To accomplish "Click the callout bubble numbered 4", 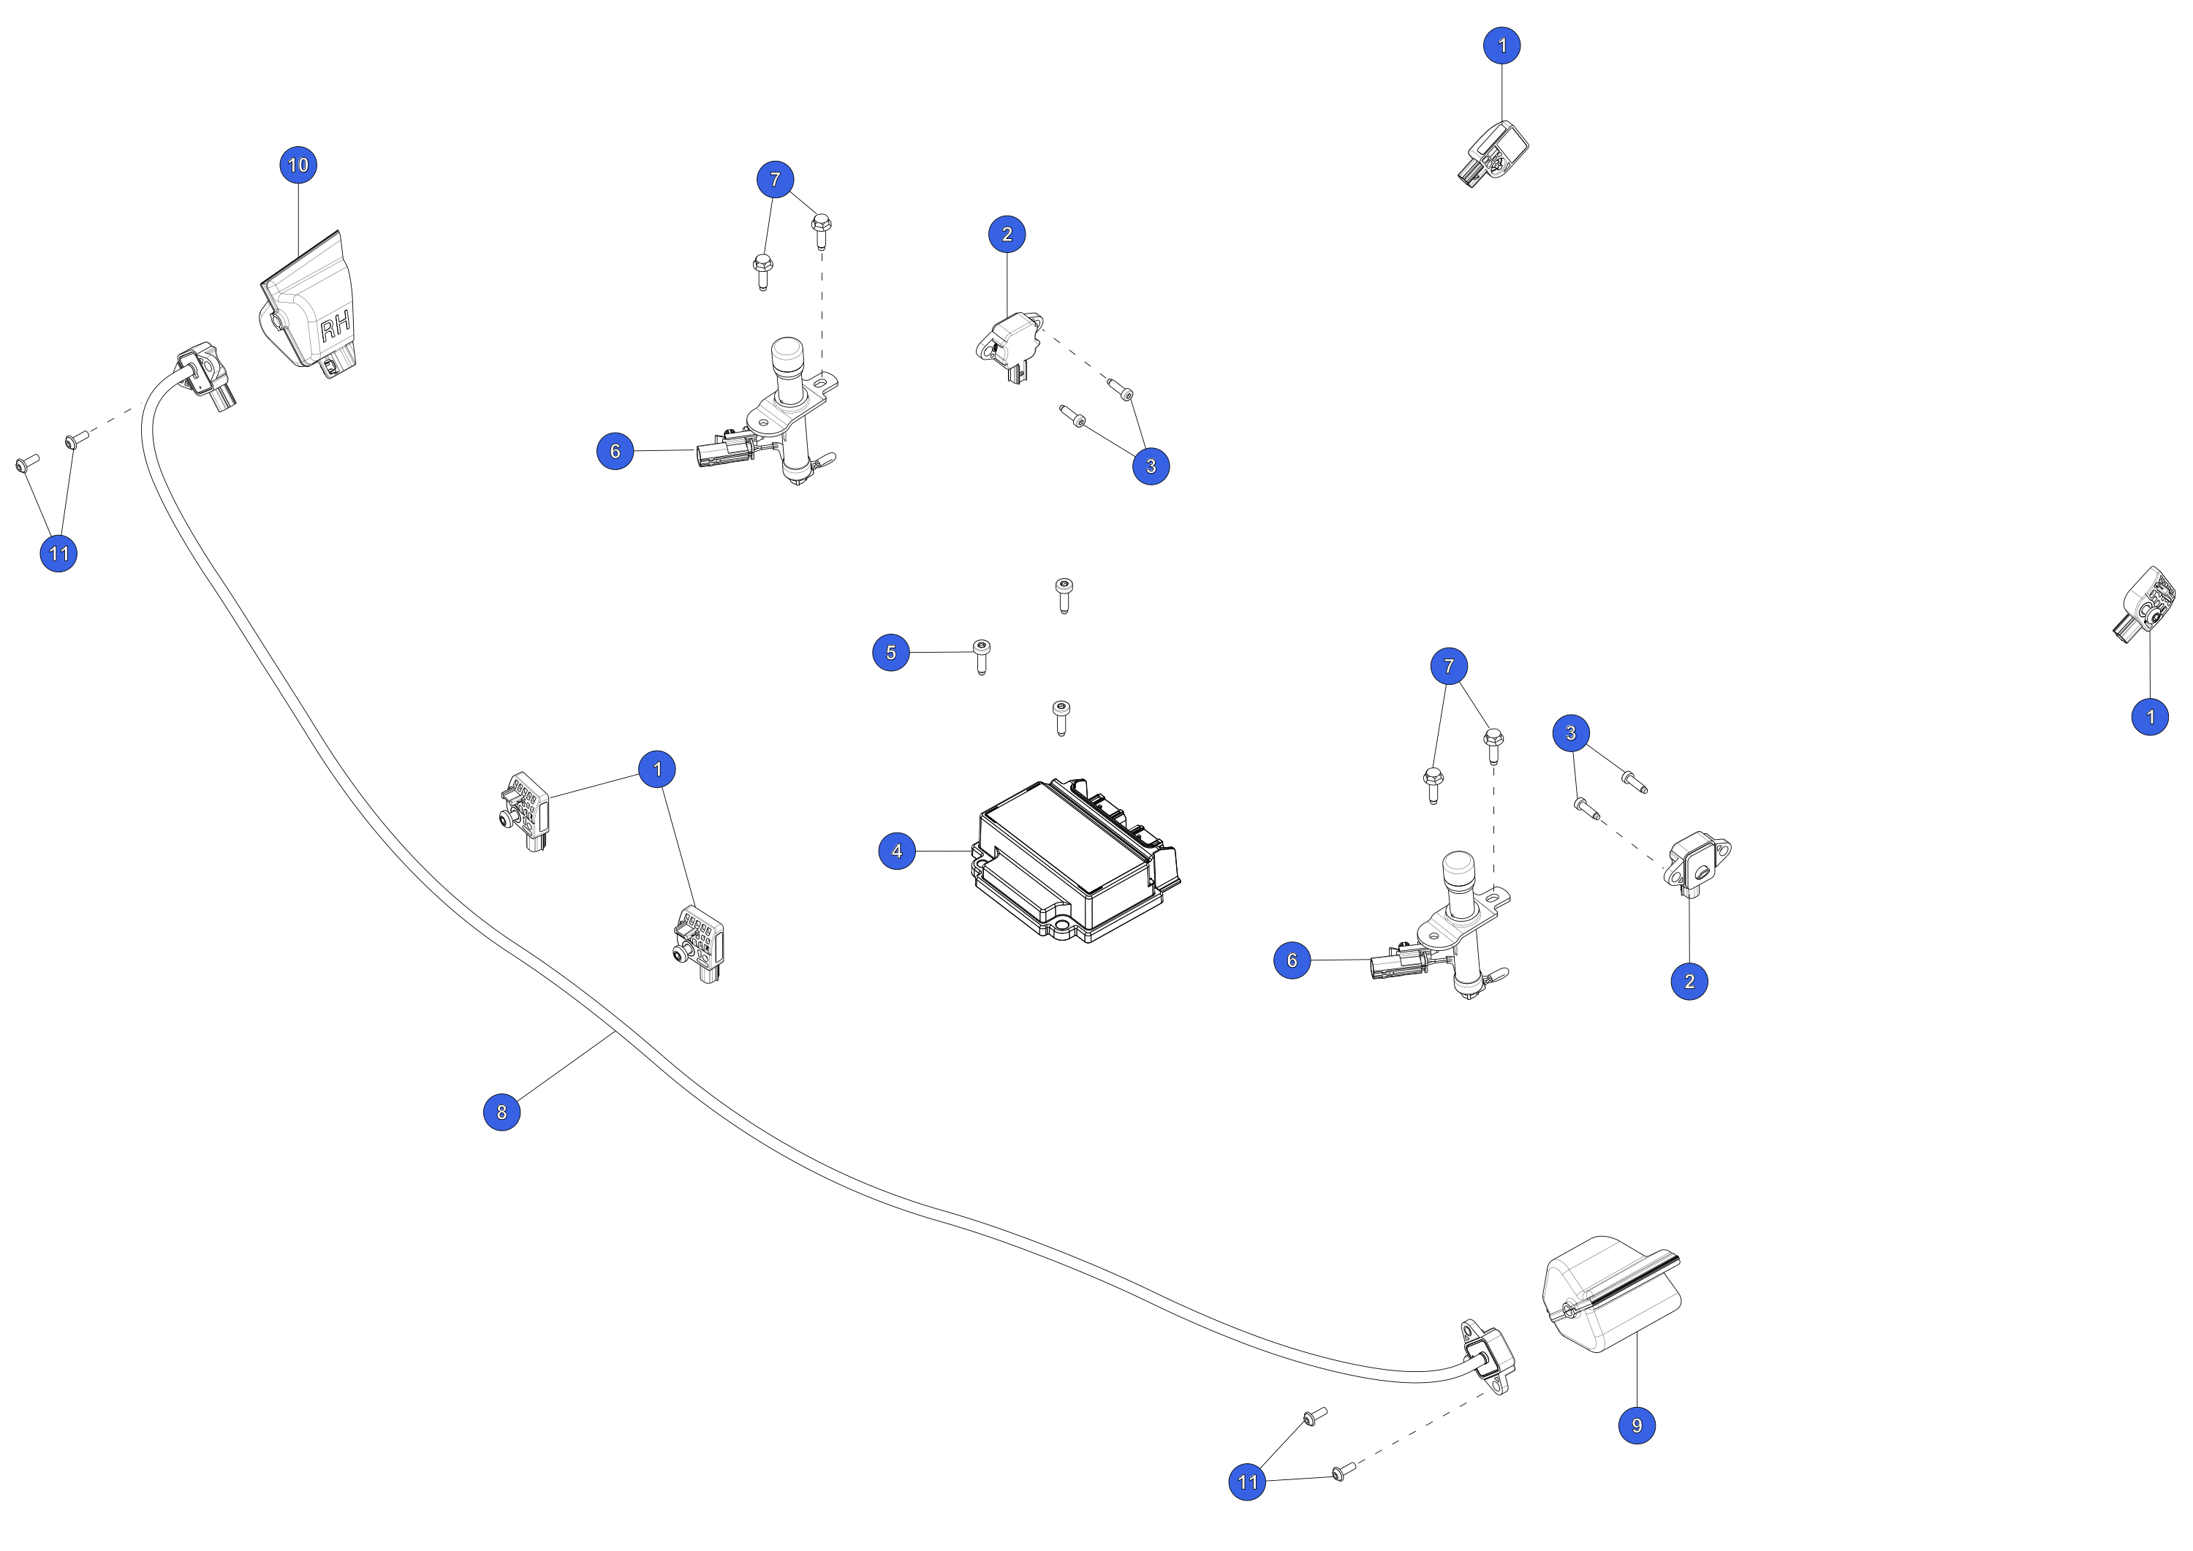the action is pyautogui.click(x=897, y=851).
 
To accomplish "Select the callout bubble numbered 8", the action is pyautogui.click(x=501, y=1112).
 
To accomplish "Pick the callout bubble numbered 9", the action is pyautogui.click(x=1637, y=1425).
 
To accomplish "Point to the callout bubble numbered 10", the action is pyautogui.click(x=298, y=165).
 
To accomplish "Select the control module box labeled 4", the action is pyautogui.click(x=1075, y=860).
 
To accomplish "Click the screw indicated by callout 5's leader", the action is pyautogui.click(x=981, y=655).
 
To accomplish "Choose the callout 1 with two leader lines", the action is pyautogui.click(x=657, y=769).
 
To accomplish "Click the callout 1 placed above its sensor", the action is pyautogui.click(x=1501, y=45).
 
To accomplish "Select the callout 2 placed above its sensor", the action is pyautogui.click(x=1007, y=234).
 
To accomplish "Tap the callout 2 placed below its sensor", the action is pyautogui.click(x=1689, y=981).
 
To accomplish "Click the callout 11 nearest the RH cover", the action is pyautogui.click(x=58, y=553).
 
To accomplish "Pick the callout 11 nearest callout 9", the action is pyautogui.click(x=1246, y=1482).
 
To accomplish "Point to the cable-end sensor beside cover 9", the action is pyautogui.click(x=1487, y=1357).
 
